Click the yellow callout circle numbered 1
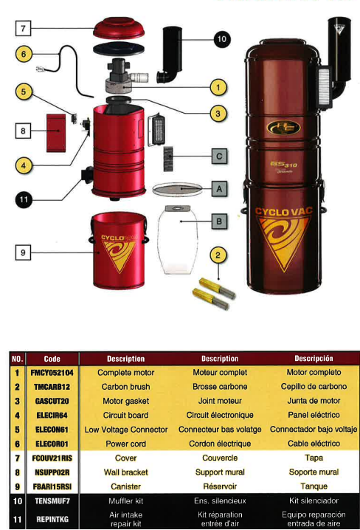click(218, 88)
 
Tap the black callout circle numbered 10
click(221, 39)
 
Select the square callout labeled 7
click(24, 28)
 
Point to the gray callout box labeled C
click(219, 156)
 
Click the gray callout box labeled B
click(219, 221)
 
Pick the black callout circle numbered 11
click(24, 199)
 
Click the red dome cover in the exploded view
click(119, 29)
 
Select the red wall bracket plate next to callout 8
click(56, 133)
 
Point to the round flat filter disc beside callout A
click(177, 189)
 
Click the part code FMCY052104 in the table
click(52, 373)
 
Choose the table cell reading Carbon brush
click(125, 387)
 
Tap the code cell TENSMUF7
click(52, 501)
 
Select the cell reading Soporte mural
click(314, 472)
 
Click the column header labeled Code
click(52, 359)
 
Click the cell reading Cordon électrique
click(220, 444)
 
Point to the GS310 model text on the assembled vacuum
click(284, 165)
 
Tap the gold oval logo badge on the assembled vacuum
click(283, 128)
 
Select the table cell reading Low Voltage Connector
click(126, 430)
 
